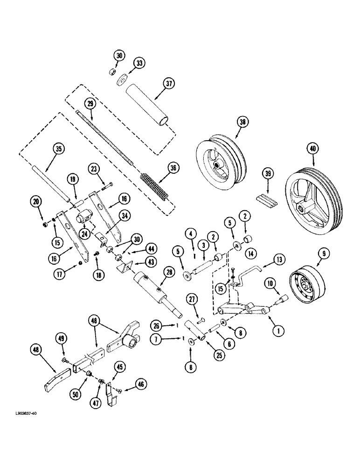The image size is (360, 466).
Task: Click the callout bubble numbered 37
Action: [x=168, y=84]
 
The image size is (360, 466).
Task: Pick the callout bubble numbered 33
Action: [x=139, y=62]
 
